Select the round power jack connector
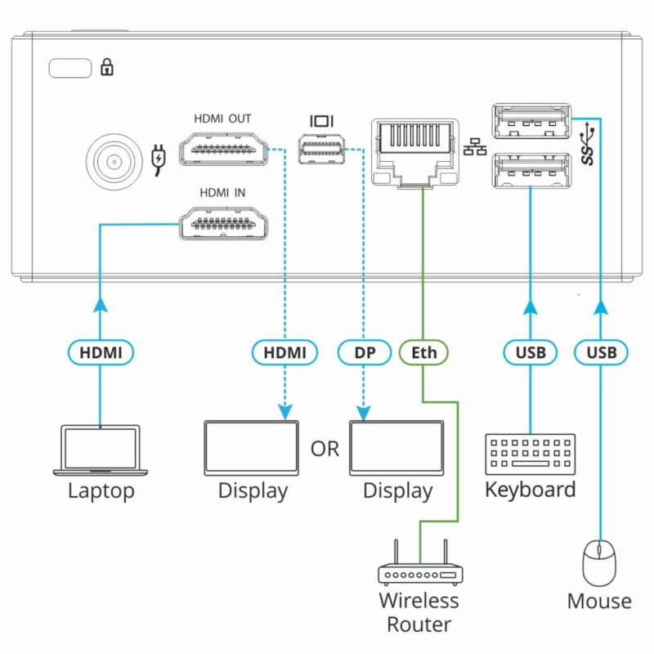click(x=112, y=159)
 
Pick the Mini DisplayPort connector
click(x=321, y=151)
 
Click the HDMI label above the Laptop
click(x=100, y=353)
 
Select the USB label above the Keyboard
click(x=531, y=353)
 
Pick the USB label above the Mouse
click(x=601, y=353)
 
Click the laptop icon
click(x=100, y=450)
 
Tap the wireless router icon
click(x=419, y=567)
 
